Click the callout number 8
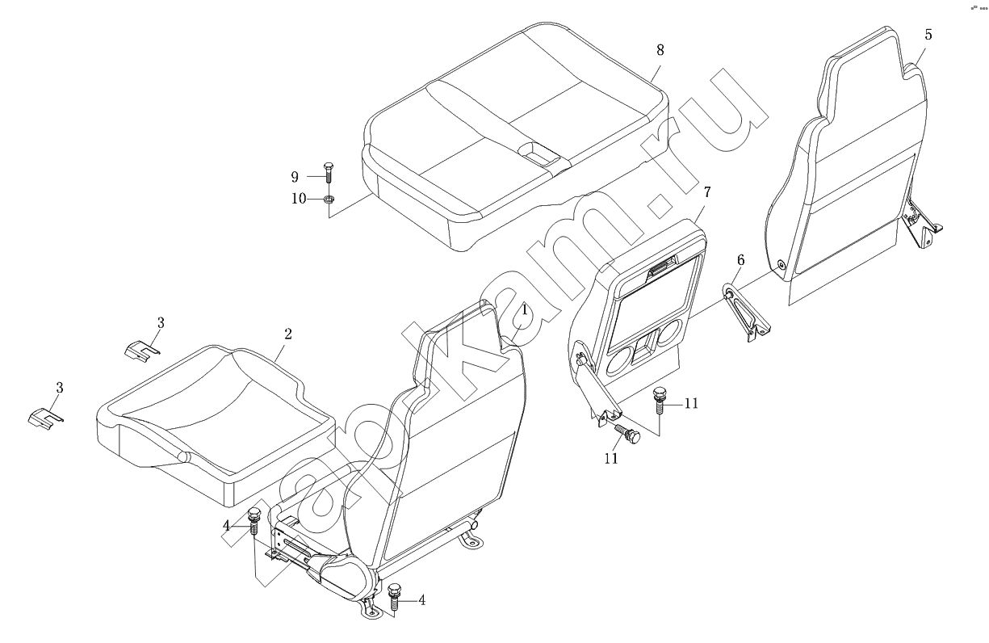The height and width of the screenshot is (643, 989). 660,50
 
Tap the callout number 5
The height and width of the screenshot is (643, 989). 928,35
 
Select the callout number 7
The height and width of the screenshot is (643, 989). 707,192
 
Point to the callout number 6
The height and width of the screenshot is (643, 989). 740,260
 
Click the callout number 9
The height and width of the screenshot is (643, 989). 295,177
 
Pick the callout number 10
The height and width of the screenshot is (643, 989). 299,199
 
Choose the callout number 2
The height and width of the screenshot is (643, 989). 288,334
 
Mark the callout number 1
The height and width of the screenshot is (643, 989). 524,310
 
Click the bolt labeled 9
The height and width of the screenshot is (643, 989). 328,172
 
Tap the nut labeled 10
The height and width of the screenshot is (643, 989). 328,200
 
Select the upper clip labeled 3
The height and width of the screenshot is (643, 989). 140,349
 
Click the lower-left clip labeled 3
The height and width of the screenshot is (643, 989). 45,417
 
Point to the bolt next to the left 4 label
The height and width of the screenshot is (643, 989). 254,521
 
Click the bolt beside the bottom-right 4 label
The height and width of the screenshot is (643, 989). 393,596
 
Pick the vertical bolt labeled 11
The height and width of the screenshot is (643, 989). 659,400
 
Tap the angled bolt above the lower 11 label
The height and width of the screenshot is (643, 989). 628,433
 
